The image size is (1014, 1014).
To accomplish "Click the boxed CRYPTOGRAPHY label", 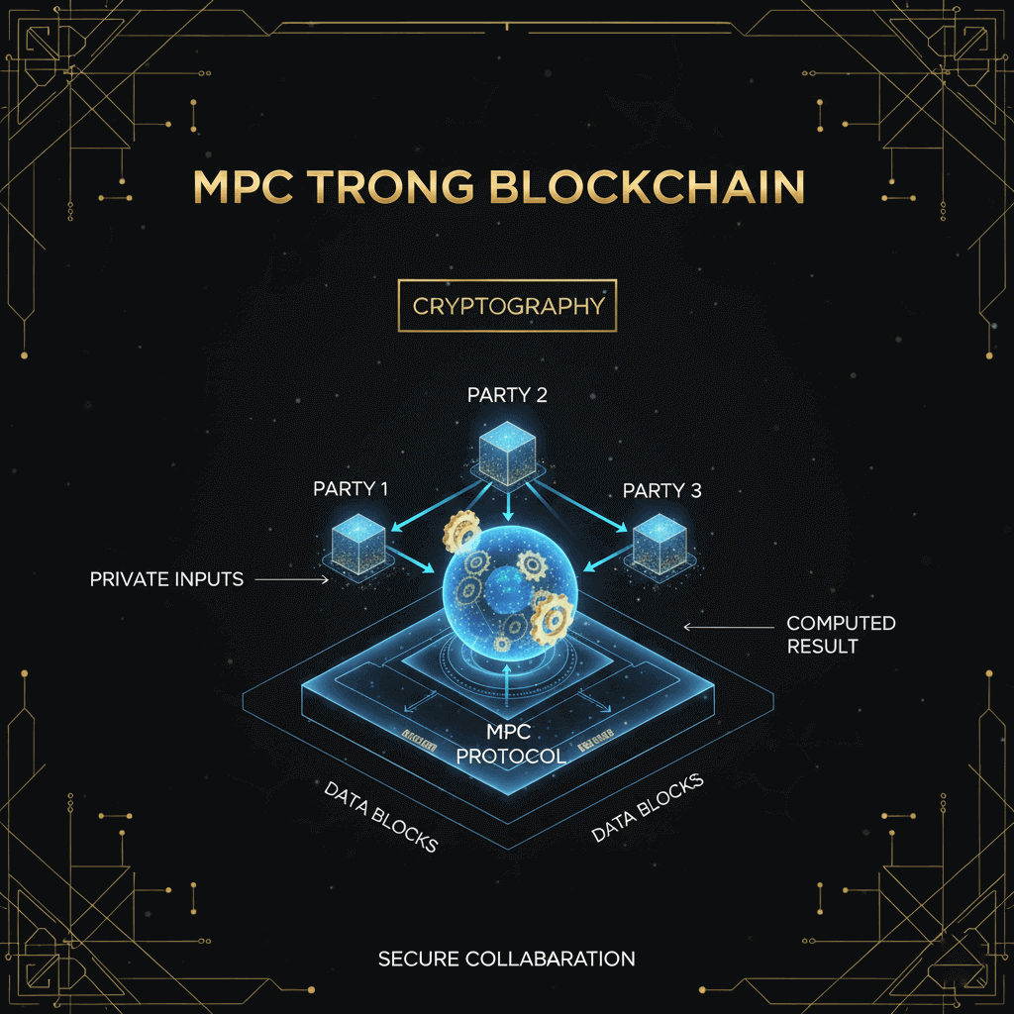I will coord(507,306).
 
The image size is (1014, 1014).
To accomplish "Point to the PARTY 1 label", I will coord(351,488).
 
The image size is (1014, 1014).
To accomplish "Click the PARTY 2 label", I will coord(507,395).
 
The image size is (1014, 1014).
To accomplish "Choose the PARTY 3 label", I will coord(661,490).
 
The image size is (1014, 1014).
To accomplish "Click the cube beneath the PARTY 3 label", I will coord(659,542).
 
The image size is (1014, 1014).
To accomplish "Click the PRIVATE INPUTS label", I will coord(166,579).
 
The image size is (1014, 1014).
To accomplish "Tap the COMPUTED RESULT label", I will coord(840,635).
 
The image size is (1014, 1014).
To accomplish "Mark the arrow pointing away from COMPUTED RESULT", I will coord(722,627).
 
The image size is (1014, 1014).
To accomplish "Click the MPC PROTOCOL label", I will coord(510,744).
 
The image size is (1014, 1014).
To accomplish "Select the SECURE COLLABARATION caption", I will coord(506,959).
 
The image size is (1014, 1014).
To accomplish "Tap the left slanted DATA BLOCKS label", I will coord(380,817).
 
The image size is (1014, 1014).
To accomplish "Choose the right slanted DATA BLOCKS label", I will coord(648,807).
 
